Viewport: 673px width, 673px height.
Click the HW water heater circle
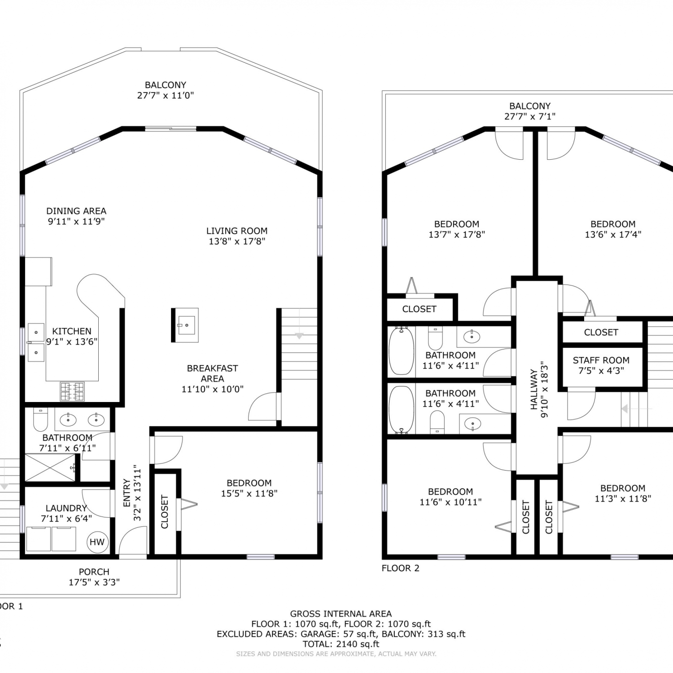point(97,542)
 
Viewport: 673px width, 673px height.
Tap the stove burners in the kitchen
point(72,391)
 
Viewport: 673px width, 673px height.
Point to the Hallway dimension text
point(544,389)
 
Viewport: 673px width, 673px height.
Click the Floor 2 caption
point(400,568)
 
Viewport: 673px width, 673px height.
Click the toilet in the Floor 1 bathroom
point(41,419)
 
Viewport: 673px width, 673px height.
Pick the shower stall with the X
point(50,468)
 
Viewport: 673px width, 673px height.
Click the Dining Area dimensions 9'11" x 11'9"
point(76,221)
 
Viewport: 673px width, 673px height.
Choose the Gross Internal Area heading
point(341,614)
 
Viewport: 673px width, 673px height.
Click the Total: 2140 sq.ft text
point(341,644)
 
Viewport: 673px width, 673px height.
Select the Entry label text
point(127,493)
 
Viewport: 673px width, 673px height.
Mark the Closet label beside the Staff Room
point(601,332)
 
